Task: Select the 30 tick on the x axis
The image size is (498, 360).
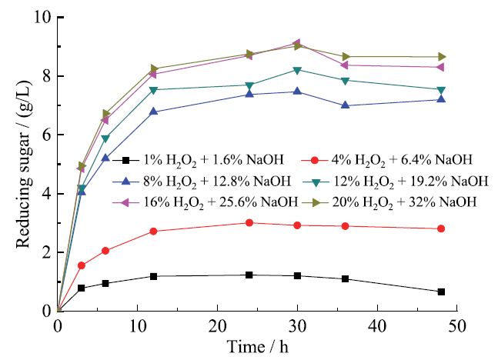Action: click(297, 325)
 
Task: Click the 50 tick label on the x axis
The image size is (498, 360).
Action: click(456, 325)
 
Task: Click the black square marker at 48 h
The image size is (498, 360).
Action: click(441, 292)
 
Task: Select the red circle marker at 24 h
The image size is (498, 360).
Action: click(249, 222)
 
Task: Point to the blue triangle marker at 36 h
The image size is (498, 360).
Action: click(346, 105)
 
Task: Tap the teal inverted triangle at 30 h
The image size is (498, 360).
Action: click(297, 70)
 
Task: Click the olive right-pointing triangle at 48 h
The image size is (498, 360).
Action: click(441, 57)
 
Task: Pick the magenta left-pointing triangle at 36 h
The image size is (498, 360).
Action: click(346, 65)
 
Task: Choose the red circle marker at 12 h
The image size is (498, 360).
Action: click(154, 231)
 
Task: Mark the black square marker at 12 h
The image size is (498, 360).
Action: click(154, 276)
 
